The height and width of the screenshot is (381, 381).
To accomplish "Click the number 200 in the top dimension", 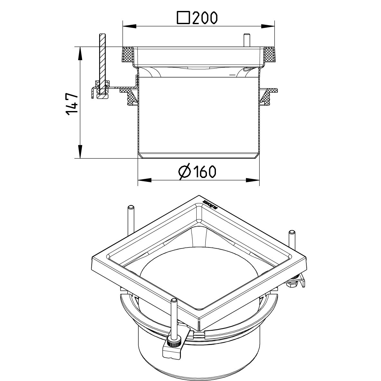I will (x=205, y=18).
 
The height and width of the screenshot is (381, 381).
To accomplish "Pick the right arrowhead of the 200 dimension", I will (x=270, y=26).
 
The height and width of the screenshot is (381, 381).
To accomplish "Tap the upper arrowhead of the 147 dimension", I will (x=79, y=53).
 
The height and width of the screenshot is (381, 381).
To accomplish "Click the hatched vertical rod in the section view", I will (x=102, y=58).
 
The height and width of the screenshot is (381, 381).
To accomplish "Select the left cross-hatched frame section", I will (x=128, y=55).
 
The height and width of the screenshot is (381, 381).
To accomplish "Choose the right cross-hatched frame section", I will (x=270, y=55).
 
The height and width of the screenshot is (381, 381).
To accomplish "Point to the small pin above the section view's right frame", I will (x=247, y=40).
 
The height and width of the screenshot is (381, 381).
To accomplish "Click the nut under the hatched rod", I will (x=103, y=95).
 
